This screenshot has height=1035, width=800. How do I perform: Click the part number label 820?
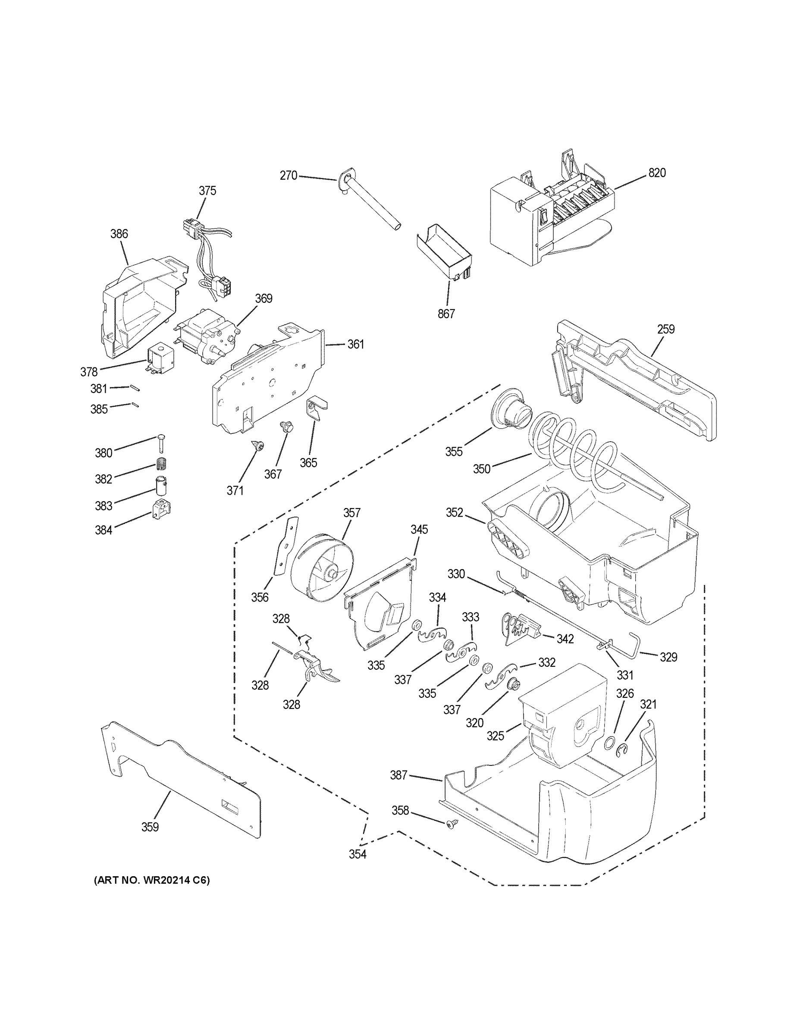click(657, 173)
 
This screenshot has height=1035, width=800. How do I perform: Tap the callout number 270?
click(288, 176)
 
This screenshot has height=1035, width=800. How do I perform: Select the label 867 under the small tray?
click(446, 313)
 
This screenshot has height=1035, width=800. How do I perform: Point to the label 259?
click(665, 329)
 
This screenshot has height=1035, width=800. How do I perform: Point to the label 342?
click(565, 639)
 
